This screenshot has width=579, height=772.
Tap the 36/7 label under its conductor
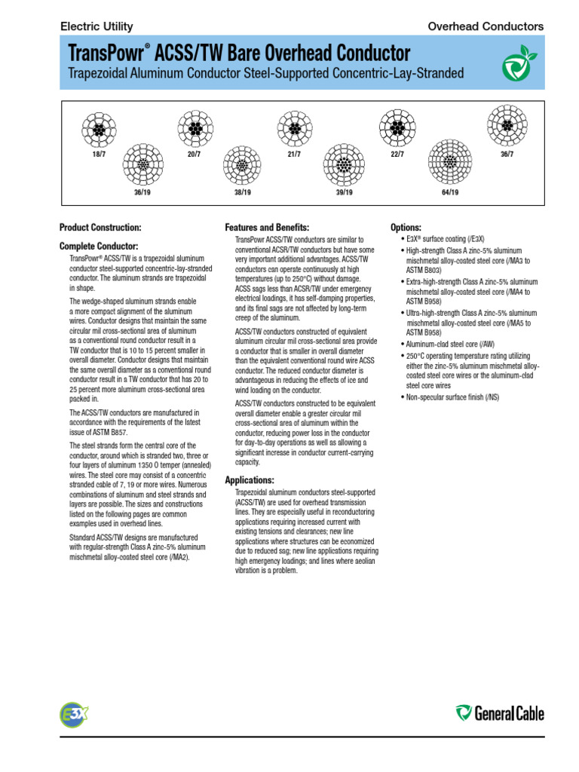coord(507,155)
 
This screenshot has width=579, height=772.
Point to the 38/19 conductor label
coord(241,192)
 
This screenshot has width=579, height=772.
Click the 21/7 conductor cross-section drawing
coord(294,130)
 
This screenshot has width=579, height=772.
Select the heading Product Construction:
coord(100,227)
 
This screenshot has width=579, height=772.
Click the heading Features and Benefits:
coord(267,227)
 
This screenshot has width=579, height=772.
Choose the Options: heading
coord(406,227)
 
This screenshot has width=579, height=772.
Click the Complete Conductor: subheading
coord(99,246)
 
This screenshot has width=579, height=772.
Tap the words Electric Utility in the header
coord(96,26)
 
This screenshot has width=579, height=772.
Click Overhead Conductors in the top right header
coord(486,26)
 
